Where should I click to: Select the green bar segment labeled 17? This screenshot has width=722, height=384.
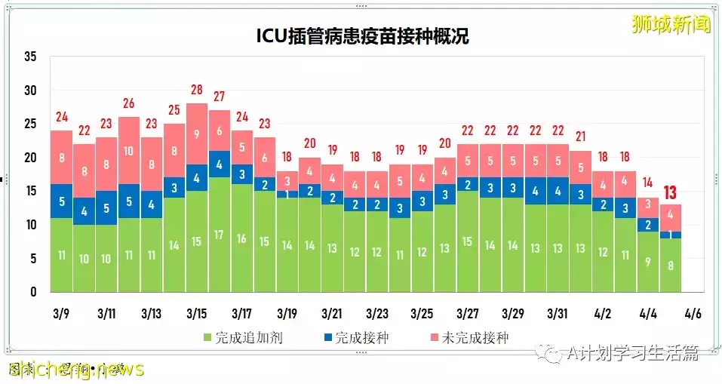click(220, 235)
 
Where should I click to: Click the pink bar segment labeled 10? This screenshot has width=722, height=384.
click(129, 151)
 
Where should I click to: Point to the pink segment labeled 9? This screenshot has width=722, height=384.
click(197, 134)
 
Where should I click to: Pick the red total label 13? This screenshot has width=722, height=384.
click(671, 192)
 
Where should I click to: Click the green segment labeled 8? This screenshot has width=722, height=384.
click(671, 265)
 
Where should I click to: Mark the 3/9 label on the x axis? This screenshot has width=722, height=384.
click(61, 313)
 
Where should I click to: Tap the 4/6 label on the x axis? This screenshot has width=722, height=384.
click(693, 313)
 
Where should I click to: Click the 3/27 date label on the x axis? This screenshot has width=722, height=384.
click(468, 313)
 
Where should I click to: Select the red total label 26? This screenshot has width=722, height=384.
click(129, 103)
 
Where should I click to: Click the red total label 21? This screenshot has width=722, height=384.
click(580, 137)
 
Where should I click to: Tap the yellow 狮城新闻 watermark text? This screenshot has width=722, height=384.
click(671, 24)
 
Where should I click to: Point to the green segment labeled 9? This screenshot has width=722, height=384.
click(648, 262)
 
